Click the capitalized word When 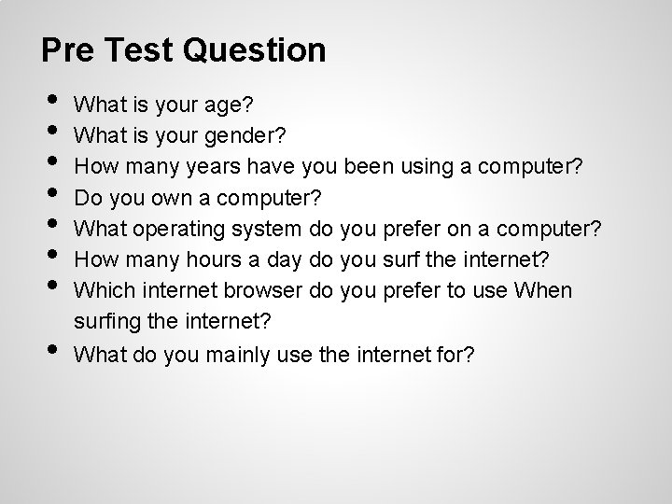pyautogui.click(x=543, y=290)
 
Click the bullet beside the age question pyautogui.click(x=50, y=101)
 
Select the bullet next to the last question pyautogui.click(x=50, y=348)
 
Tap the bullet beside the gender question pyautogui.click(x=50, y=131)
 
